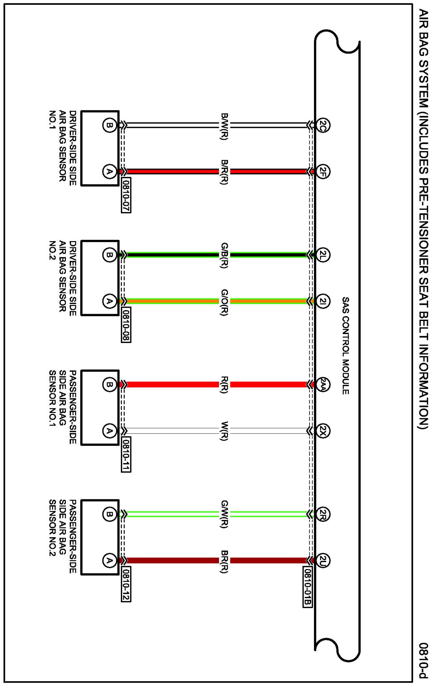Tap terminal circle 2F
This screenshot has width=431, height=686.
(x=322, y=171)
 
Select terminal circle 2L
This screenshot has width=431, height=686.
(x=322, y=255)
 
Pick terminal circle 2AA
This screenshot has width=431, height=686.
(x=322, y=385)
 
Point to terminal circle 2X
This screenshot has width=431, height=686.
(x=322, y=431)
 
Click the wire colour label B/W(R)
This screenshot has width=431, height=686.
(x=224, y=126)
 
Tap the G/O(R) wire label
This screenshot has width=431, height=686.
(x=224, y=302)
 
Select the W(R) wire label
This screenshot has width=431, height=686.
(x=224, y=431)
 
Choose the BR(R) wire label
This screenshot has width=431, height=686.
(x=224, y=561)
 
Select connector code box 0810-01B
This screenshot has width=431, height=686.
(x=307, y=587)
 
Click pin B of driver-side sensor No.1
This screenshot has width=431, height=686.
(x=109, y=125)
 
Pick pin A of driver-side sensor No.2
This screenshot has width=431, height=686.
(x=109, y=301)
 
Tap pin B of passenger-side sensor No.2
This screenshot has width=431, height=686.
(x=109, y=514)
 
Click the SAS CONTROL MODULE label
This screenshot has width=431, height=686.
(x=345, y=346)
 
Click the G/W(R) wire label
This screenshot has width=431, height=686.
(x=224, y=514)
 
